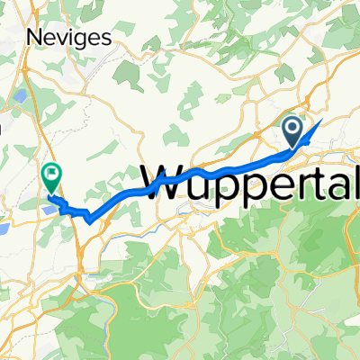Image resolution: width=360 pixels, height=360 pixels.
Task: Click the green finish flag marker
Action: [x=52, y=176]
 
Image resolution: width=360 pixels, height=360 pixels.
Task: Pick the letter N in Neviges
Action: [x=35, y=38]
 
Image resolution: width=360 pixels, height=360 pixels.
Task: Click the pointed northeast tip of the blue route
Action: [x=320, y=121]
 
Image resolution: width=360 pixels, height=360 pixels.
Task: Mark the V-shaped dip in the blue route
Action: [x=89, y=219]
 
